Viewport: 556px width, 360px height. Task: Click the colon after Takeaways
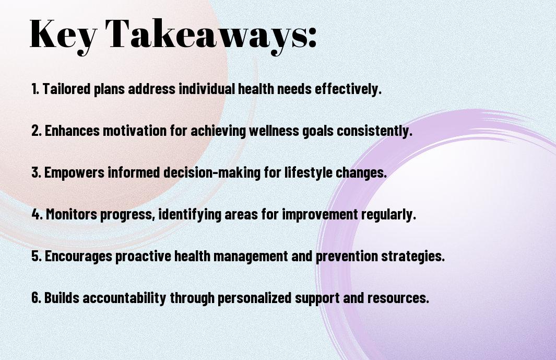tap(312, 38)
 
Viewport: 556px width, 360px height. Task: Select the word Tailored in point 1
tap(66, 89)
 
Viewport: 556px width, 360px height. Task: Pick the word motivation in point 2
tap(134, 131)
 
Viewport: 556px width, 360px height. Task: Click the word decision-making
tap(212, 173)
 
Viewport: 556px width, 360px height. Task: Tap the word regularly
tap(388, 215)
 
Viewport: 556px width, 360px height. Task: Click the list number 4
tap(37, 214)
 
